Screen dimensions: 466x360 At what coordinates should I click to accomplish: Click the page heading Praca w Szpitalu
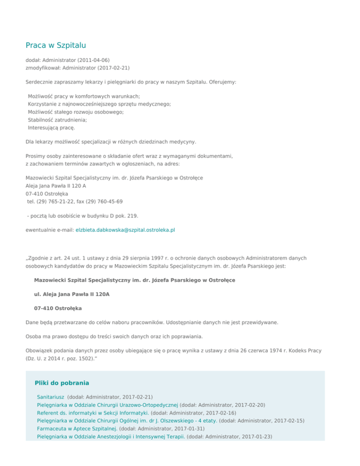(x=55, y=45)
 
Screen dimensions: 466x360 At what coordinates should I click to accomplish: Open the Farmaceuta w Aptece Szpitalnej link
(x=77, y=428)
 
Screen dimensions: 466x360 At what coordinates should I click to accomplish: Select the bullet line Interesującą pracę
(x=51, y=127)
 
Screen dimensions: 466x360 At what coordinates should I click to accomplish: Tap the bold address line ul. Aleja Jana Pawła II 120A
(x=72, y=294)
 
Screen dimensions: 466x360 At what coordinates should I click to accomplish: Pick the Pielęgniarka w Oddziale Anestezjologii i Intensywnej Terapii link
(x=112, y=436)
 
